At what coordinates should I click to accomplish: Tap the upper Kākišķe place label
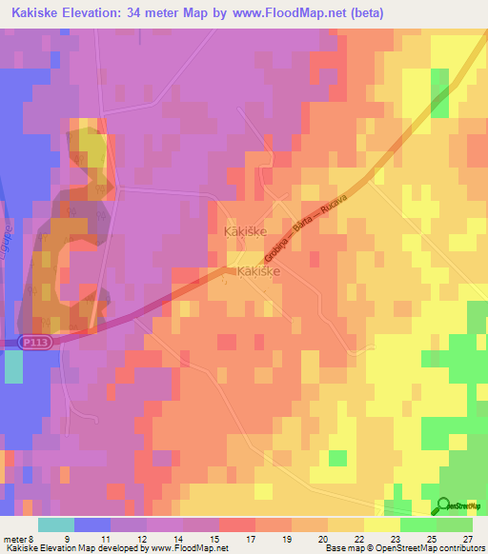point(244,231)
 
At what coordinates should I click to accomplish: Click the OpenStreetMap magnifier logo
point(444,505)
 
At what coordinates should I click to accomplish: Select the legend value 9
point(92,539)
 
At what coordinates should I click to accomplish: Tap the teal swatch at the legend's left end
point(55,524)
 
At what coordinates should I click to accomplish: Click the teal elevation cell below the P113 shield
point(13,366)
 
